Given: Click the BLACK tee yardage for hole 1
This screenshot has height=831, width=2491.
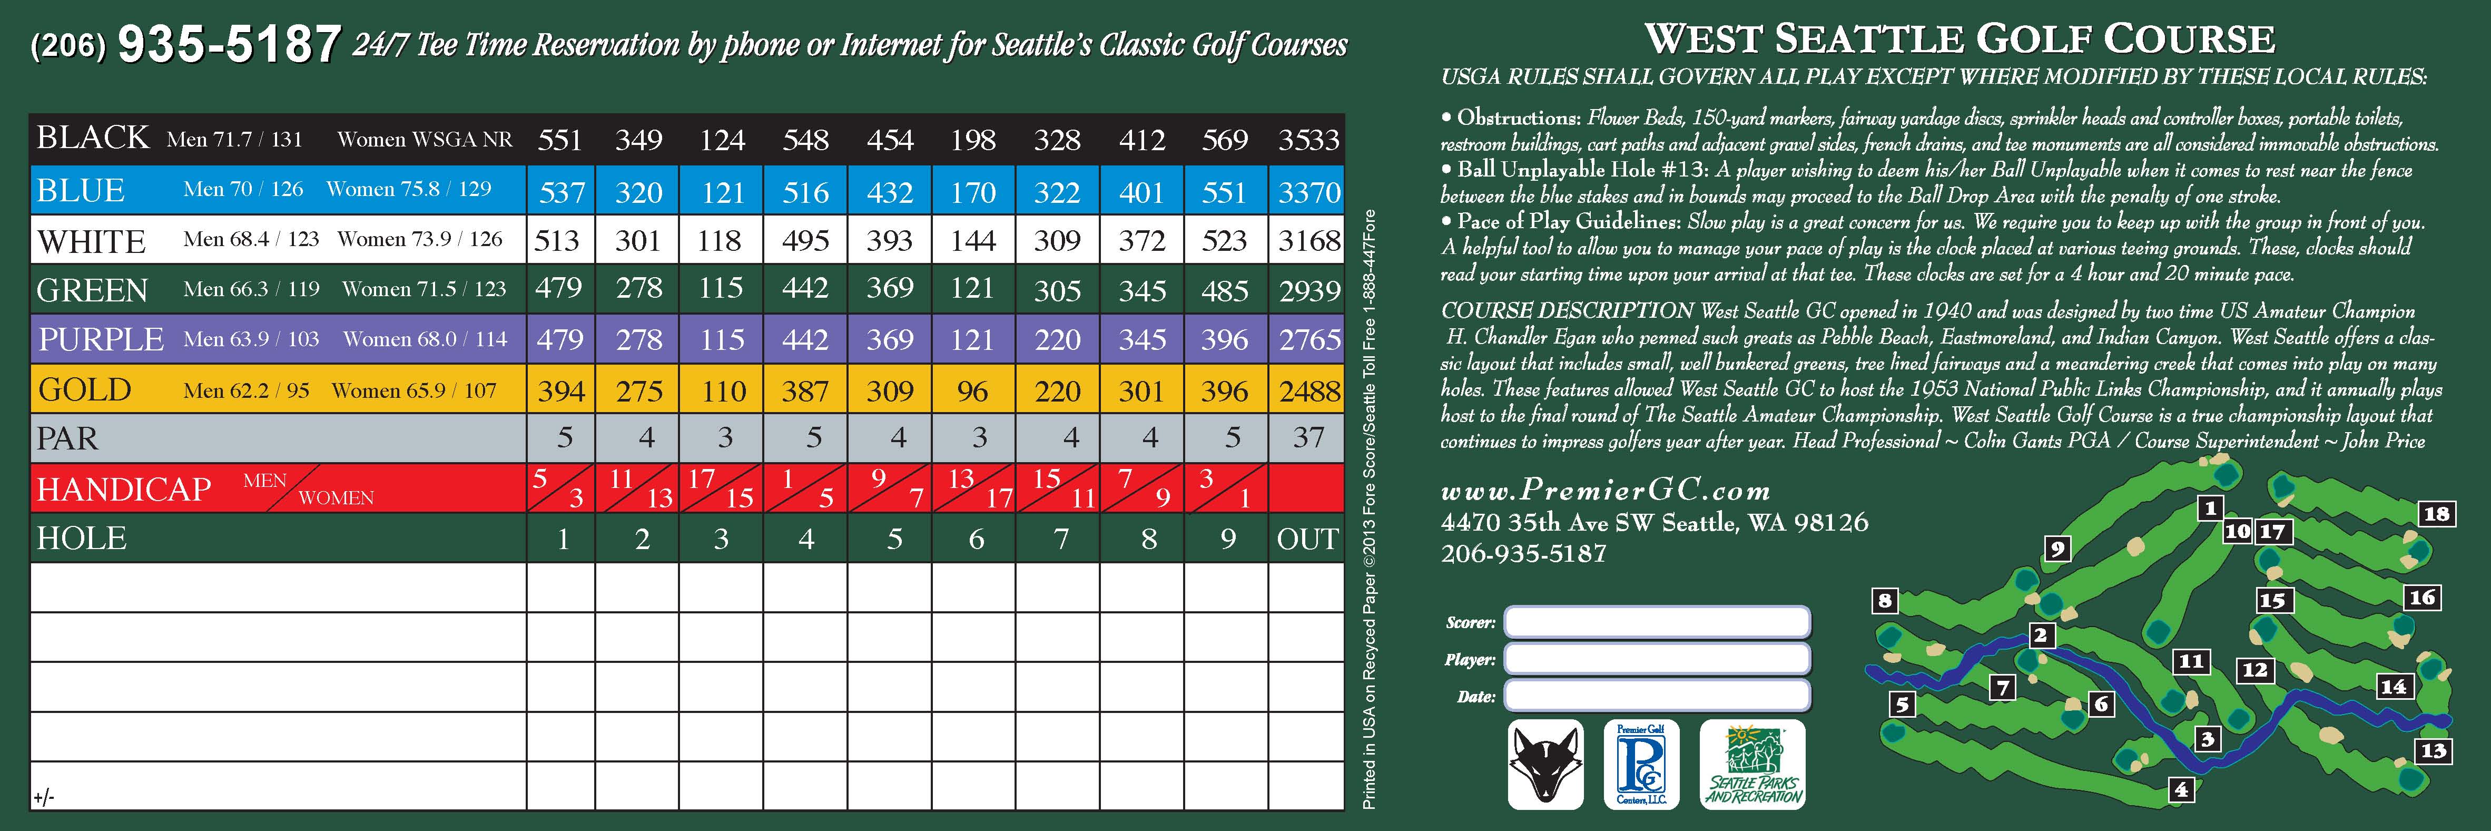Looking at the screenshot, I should [x=560, y=140].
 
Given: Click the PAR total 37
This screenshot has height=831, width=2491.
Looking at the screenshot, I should [x=1308, y=438].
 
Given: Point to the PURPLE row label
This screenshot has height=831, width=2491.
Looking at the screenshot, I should [x=101, y=339].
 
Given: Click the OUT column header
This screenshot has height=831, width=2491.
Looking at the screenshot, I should [x=1307, y=539].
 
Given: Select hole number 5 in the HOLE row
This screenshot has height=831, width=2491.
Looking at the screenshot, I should [x=894, y=539].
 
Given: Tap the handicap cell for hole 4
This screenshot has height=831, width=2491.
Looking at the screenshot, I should [x=805, y=488].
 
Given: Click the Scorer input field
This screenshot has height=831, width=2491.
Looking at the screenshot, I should [x=1657, y=622].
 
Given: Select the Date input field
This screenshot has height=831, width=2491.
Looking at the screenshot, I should [x=1657, y=696].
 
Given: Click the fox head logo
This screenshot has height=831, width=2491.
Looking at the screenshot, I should [x=1545, y=764].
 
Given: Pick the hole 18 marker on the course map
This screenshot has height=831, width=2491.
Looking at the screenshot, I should [x=2436, y=514].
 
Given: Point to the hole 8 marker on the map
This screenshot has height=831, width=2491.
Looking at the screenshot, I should [x=1885, y=601].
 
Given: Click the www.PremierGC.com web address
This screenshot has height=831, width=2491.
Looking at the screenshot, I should [x=1605, y=492].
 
